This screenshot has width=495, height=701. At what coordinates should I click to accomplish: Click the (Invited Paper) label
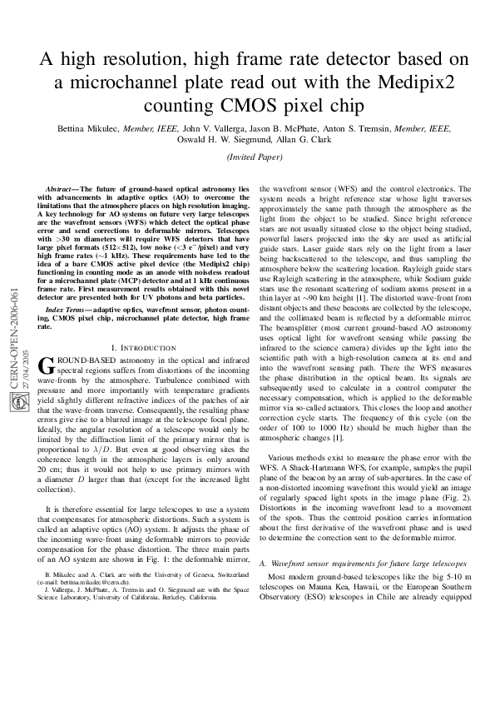[x=247, y=157]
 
